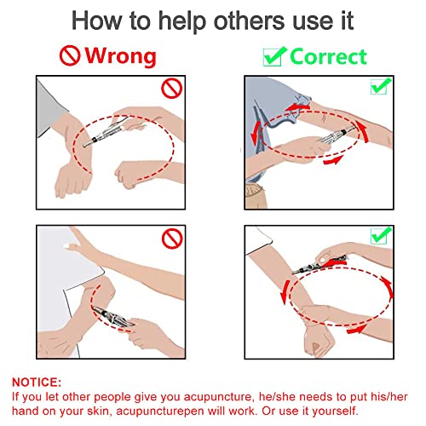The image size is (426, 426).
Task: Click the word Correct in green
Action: (x=327, y=56)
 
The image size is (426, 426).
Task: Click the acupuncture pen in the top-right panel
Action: (x=332, y=132)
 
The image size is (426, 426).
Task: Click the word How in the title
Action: (x=95, y=20)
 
